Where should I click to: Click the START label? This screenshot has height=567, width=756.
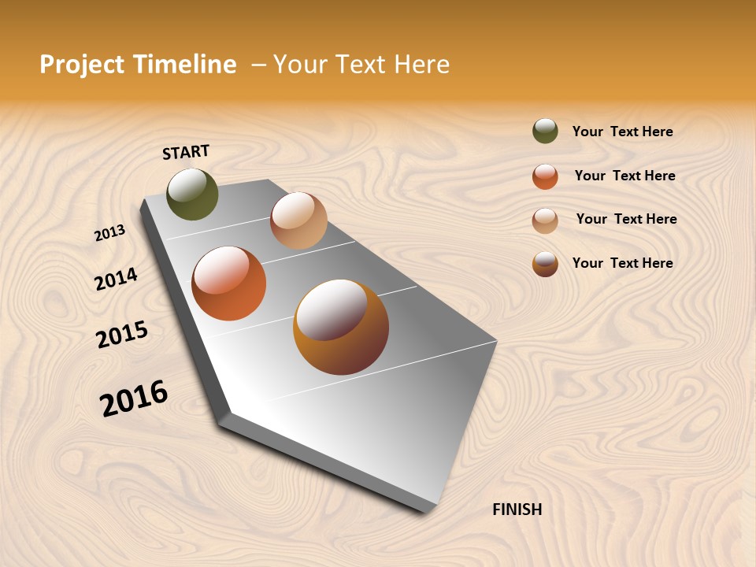click(186, 152)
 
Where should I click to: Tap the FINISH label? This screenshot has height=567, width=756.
click(517, 510)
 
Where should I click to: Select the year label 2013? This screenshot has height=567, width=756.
click(109, 233)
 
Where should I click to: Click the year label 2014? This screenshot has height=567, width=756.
click(116, 279)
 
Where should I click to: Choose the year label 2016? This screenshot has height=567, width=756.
click(134, 398)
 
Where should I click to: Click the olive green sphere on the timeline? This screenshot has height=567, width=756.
click(192, 194)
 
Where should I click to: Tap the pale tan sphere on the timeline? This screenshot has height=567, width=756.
click(298, 220)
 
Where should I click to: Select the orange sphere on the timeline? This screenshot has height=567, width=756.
click(229, 283)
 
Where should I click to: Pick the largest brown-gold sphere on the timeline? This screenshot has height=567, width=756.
click(341, 327)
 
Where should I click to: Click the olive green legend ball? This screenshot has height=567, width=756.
click(545, 131)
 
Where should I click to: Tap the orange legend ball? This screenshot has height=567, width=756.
click(545, 176)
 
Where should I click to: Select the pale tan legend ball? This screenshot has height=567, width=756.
click(545, 220)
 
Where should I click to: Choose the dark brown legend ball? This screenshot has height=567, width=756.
click(545, 264)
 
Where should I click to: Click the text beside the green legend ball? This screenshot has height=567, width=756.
click(622, 132)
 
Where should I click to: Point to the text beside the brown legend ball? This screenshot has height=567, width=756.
click(622, 263)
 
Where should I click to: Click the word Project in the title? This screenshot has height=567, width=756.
click(83, 65)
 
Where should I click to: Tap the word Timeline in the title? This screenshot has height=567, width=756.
click(185, 65)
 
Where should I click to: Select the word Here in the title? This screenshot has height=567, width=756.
click(421, 65)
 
